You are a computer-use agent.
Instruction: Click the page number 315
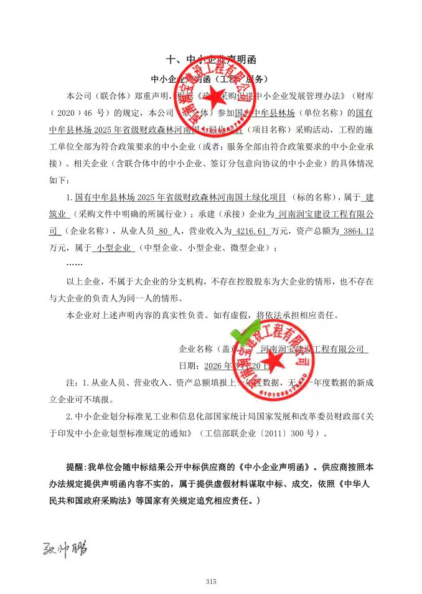click(210, 582)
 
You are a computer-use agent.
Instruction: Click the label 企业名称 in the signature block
click(196, 349)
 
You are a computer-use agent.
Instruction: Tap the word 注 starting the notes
click(70, 381)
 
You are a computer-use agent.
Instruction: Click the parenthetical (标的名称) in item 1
click(312, 197)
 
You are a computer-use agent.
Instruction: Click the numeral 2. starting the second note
click(70, 416)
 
